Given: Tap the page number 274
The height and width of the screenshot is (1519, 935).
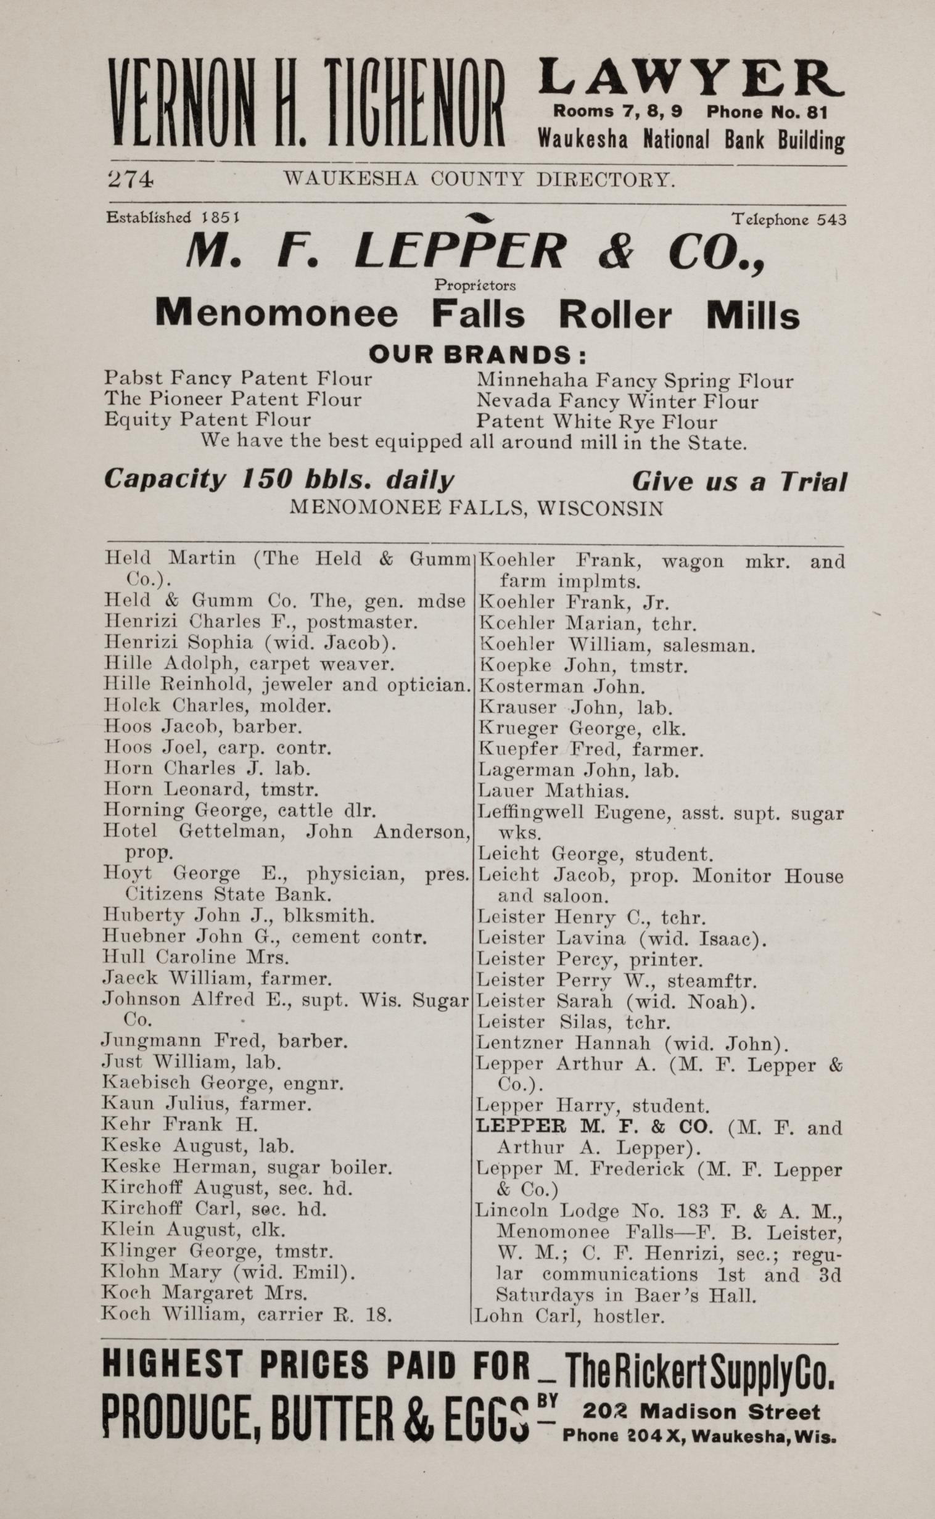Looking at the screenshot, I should pos(130,179).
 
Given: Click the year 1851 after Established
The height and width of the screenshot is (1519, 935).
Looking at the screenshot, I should pos(221,218).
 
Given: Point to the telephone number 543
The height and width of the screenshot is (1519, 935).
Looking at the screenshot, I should pos(832,220).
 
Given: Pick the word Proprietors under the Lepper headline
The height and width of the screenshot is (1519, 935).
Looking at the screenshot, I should pos(475,286).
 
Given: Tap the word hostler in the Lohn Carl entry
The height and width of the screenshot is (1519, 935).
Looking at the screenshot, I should pos(629,1317).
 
